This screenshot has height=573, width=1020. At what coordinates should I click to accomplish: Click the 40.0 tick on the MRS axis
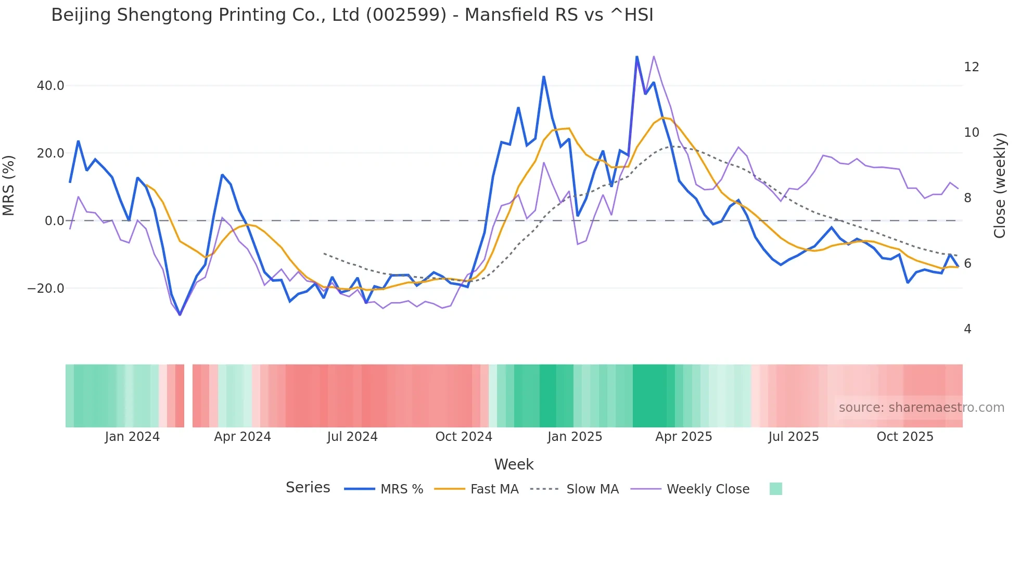50,86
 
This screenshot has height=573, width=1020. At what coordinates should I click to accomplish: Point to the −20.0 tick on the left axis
46,289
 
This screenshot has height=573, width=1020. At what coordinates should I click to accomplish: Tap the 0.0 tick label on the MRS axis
54,221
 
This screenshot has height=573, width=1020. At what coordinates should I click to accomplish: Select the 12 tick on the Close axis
971,67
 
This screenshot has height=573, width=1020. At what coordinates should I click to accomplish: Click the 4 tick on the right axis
967,329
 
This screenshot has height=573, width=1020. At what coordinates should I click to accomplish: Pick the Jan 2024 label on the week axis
132,437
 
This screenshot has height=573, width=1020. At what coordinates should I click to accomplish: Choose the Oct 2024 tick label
464,437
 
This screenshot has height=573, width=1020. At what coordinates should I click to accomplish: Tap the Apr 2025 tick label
683,437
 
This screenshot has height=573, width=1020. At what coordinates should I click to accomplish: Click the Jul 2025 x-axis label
793,437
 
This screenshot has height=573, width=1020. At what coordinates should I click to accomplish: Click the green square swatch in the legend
775,489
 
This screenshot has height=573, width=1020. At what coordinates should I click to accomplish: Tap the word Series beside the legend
308,488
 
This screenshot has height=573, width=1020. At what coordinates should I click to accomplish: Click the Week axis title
514,464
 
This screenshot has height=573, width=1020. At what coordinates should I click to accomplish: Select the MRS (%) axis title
9,186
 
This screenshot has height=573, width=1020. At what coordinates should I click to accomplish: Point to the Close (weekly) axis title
1000,186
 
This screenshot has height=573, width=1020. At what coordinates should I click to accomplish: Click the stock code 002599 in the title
406,15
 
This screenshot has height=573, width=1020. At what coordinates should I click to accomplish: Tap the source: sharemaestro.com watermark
921,408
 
